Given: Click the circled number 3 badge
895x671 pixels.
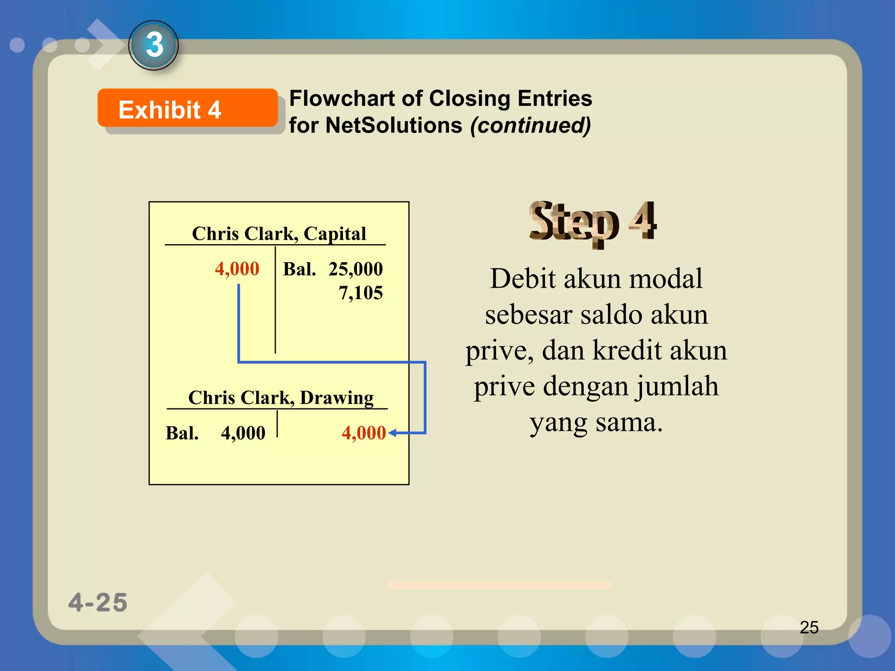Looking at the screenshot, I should [x=154, y=45].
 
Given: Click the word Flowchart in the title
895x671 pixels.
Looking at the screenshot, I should [x=342, y=98].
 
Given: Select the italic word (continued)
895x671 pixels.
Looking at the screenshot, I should [x=531, y=125].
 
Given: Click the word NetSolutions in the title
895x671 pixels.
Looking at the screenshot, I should [x=394, y=125].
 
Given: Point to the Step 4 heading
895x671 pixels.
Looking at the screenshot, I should [x=592, y=222].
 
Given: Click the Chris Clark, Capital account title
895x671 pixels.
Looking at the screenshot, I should [x=279, y=234].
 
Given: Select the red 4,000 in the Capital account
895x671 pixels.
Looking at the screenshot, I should [x=237, y=269].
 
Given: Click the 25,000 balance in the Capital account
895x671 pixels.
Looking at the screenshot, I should [x=355, y=269].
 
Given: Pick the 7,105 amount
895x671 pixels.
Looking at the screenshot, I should [x=361, y=293].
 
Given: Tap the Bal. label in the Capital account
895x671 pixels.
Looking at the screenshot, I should [x=299, y=269].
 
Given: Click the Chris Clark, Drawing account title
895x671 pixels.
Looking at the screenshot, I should [x=281, y=398].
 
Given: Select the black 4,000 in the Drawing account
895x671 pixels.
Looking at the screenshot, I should [x=243, y=433].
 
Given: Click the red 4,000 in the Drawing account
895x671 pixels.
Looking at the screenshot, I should [x=364, y=433].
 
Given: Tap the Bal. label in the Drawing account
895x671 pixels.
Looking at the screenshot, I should [x=182, y=433].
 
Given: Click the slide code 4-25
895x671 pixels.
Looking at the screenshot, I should [x=98, y=602].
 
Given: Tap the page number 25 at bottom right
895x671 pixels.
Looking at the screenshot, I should [x=809, y=627].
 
